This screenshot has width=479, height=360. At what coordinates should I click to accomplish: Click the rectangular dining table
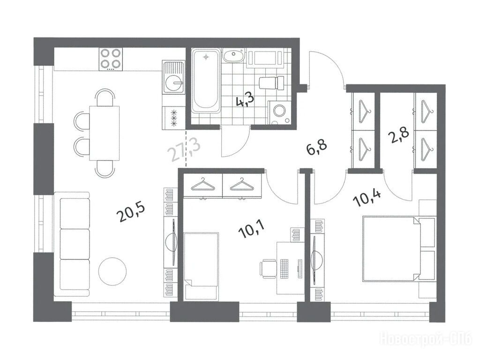104,133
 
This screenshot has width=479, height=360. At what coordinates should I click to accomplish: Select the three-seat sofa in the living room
72,245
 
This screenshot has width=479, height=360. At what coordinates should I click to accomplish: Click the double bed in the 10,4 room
398,249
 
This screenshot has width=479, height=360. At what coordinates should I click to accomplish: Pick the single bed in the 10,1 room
201,260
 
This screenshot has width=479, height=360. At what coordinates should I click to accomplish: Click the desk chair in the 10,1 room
268,268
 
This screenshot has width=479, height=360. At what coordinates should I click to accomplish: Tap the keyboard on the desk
284,268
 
